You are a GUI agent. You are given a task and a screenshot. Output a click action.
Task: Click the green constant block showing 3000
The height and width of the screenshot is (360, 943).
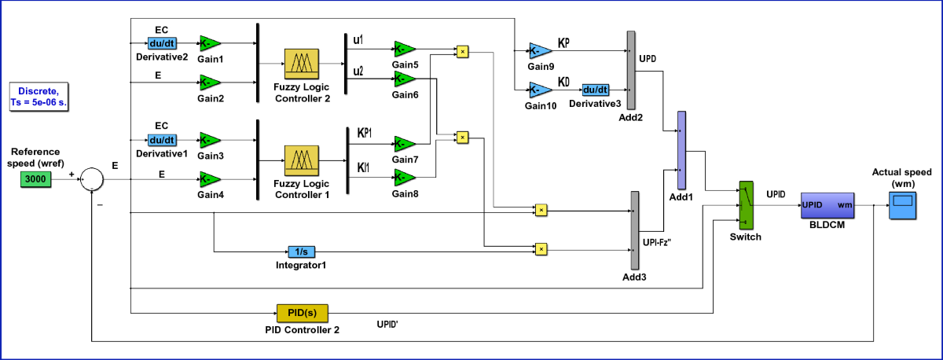point(36,179)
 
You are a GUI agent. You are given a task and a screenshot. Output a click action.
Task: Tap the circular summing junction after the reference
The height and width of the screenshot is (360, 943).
point(92,179)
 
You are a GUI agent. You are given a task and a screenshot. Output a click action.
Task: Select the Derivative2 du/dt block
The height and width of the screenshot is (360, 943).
point(162,43)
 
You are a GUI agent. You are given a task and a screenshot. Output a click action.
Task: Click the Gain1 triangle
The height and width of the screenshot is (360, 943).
point(210,43)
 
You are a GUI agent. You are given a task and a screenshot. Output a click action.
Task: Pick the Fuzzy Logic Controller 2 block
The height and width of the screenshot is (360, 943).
point(302,64)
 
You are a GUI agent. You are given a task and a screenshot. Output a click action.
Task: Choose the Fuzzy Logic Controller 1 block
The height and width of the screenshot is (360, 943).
point(302,160)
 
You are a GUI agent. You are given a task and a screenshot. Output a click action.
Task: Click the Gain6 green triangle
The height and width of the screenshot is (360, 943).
point(405,79)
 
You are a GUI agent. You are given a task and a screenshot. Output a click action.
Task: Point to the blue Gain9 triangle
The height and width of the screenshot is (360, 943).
point(541,51)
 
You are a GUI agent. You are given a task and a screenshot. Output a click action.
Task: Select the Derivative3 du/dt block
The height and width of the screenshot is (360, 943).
point(596,90)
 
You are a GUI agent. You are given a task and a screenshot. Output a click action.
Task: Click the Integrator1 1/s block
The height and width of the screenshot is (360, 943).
point(302,252)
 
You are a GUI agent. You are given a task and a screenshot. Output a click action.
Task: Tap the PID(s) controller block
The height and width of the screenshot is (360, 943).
point(303,313)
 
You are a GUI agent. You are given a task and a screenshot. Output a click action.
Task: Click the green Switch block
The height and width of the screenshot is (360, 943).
point(747,205)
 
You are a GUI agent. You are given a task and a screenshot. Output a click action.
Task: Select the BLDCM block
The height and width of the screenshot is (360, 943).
point(827,205)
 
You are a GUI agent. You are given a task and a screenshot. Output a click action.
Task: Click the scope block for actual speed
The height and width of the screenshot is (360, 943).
point(903,205)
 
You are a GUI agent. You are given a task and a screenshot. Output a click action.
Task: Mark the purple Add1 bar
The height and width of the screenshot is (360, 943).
point(681,150)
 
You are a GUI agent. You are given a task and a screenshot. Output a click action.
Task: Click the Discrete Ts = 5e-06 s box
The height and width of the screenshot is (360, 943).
point(39,97)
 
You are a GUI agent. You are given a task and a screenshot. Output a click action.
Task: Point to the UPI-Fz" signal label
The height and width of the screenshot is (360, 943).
point(657,243)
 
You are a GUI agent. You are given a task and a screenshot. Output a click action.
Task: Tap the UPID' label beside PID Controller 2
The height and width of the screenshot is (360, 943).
point(387,324)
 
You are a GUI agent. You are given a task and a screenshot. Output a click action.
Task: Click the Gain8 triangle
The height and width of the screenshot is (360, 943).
point(405,178)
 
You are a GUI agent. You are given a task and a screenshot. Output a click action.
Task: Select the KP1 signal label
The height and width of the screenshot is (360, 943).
point(365,133)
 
